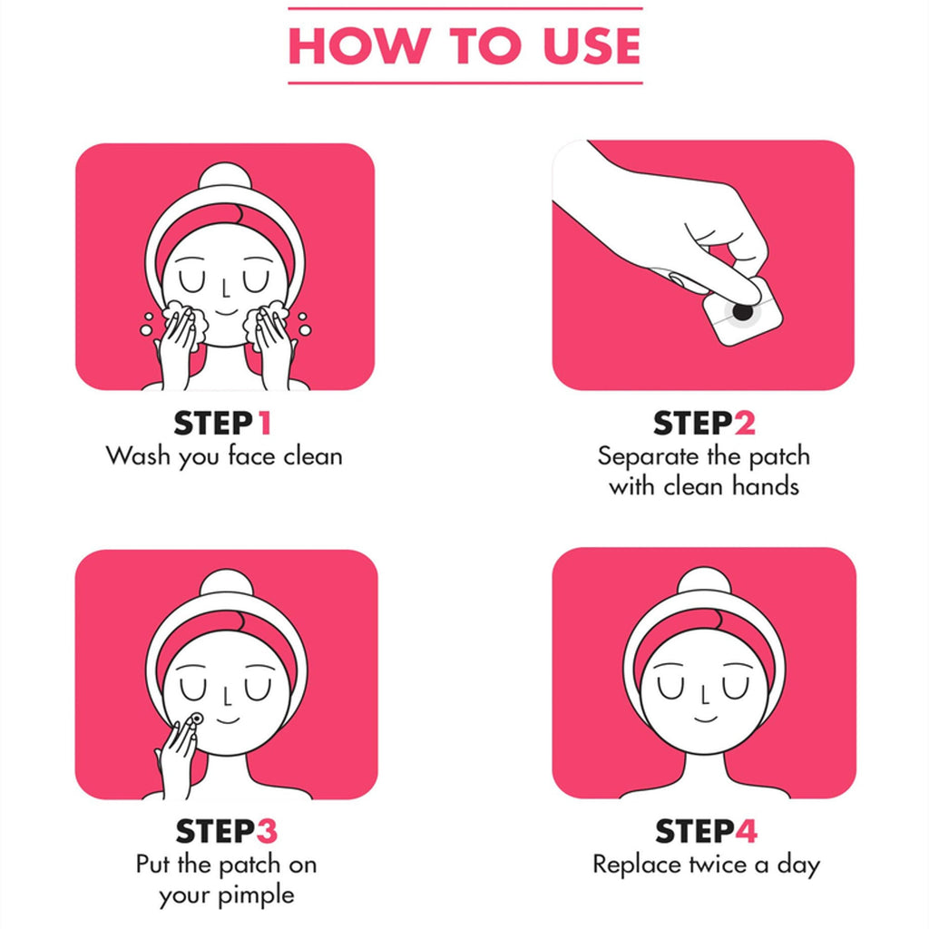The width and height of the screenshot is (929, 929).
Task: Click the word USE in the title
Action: pyautogui.click(x=592, y=45)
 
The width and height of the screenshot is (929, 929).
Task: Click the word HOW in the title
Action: pyautogui.click(x=359, y=45)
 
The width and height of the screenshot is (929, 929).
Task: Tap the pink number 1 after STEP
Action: pyautogui.click(x=264, y=423)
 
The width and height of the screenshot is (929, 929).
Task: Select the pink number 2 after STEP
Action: pyautogui.click(x=745, y=423)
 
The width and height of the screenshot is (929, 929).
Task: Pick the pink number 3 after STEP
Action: pyautogui.click(x=267, y=831)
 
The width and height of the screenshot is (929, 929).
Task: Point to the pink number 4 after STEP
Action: pyautogui.click(x=746, y=831)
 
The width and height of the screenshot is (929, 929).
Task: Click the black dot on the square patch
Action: pyautogui.click(x=742, y=310)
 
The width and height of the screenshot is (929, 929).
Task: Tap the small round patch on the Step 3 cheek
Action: pyautogui.click(x=196, y=719)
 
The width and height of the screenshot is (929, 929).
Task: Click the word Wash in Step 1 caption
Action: pyautogui.click(x=138, y=456)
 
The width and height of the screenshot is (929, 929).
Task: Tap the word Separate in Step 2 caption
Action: pyautogui.click(x=648, y=456)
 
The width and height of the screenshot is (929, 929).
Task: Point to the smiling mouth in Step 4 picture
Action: pyautogui.click(x=705, y=719)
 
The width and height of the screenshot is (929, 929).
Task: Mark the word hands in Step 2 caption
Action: pyautogui.click(x=766, y=486)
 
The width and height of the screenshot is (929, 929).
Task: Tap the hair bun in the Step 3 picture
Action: pyautogui.click(x=226, y=582)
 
